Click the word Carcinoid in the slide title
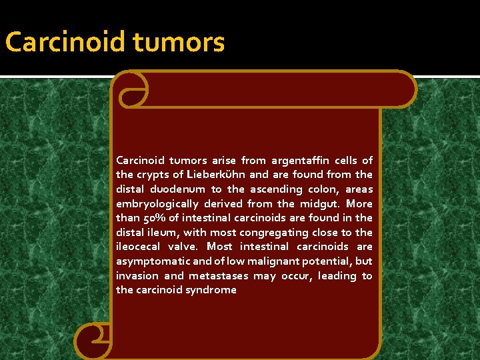click(x=65, y=43)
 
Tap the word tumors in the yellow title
click(x=179, y=43)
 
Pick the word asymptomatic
click(x=152, y=261)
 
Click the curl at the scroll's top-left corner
click(x=130, y=89)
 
